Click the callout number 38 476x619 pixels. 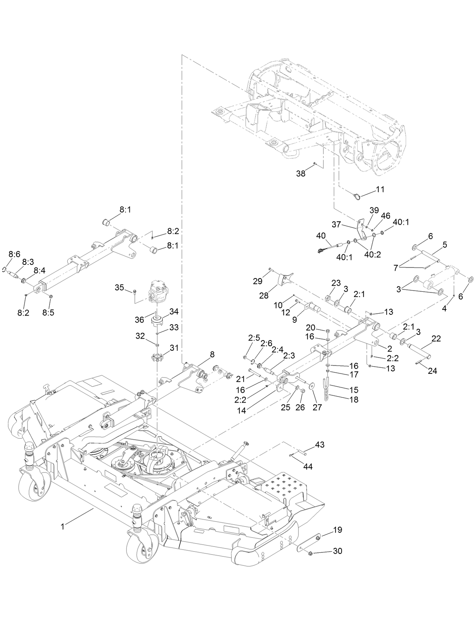[x=301, y=174]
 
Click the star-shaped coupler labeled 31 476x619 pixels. [x=157, y=357]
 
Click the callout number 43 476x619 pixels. [x=320, y=445]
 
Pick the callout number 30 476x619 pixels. [x=337, y=551]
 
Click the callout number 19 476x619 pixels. [x=338, y=530]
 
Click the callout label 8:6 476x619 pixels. [x=14, y=255]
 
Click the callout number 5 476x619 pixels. [x=445, y=245]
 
